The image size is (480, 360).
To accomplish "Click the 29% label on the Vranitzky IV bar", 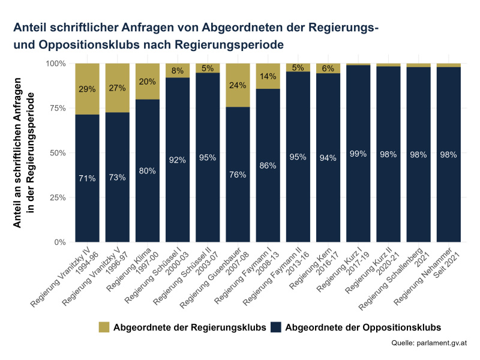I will coord(88,89).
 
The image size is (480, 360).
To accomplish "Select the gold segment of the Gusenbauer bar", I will coord(238,85).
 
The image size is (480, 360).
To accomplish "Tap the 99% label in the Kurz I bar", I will coord(358,154).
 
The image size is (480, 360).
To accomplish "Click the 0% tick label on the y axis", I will coord(58,242).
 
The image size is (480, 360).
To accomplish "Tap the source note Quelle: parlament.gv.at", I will coord(428,343).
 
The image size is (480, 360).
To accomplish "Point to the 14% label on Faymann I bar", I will coord(268,76).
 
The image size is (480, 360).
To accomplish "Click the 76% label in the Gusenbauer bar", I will coord(238,175).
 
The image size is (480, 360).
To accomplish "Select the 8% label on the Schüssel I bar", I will coord(178,70).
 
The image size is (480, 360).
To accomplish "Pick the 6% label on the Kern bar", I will coord(328,68).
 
